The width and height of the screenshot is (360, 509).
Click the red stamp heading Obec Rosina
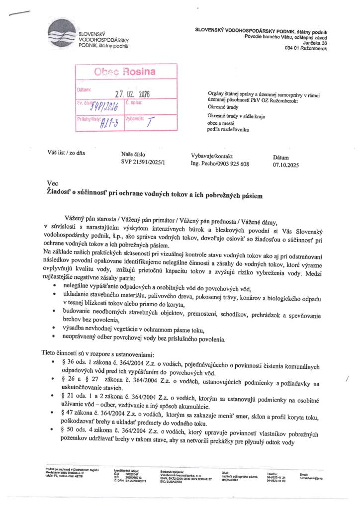click(122, 72)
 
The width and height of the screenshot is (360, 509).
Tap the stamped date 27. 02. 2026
click(133, 93)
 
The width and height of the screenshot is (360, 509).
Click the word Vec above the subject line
click(52, 183)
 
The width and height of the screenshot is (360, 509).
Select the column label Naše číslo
click(134, 155)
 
